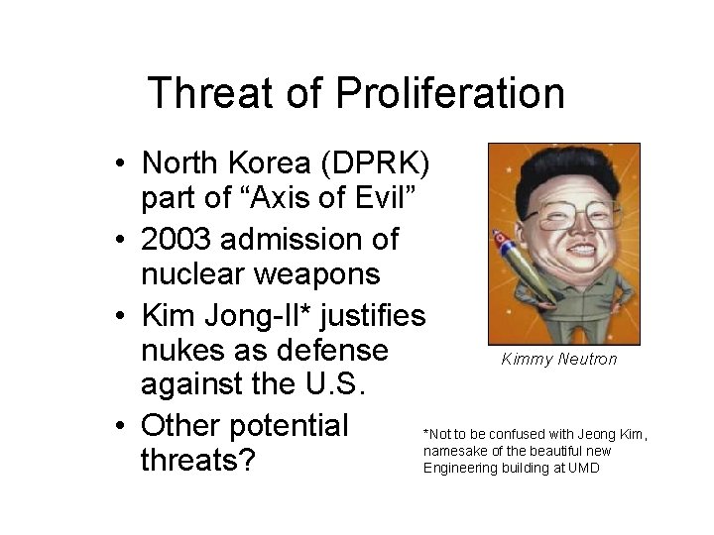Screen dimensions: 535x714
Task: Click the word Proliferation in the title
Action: point(450,94)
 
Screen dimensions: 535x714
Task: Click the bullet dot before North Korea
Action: point(119,163)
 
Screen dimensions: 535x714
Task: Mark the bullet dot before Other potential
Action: point(119,427)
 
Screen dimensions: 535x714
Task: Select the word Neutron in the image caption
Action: point(588,360)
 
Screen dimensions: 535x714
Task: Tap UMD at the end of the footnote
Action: point(583,468)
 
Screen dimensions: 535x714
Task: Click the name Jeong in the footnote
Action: point(579,435)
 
